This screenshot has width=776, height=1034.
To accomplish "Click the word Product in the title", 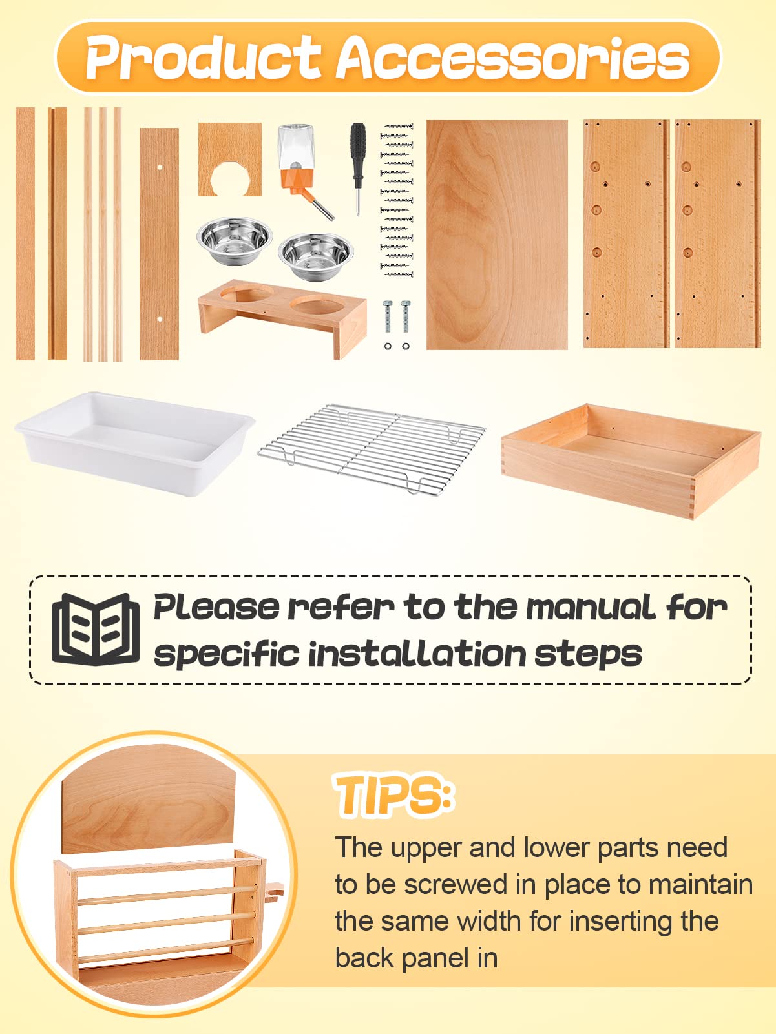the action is (204, 57).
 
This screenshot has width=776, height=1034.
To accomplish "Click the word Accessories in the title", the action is (512, 57).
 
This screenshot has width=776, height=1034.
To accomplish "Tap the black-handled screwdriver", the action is (357, 168).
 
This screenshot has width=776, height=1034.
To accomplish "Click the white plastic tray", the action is (135, 443).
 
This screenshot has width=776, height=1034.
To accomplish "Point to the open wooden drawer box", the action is (631, 460).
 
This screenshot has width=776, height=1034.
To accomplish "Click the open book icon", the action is (96, 628).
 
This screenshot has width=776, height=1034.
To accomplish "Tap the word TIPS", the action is (394, 795).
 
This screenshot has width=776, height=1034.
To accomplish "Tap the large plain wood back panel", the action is (497, 234).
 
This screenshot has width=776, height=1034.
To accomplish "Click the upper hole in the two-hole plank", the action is (160, 167).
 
